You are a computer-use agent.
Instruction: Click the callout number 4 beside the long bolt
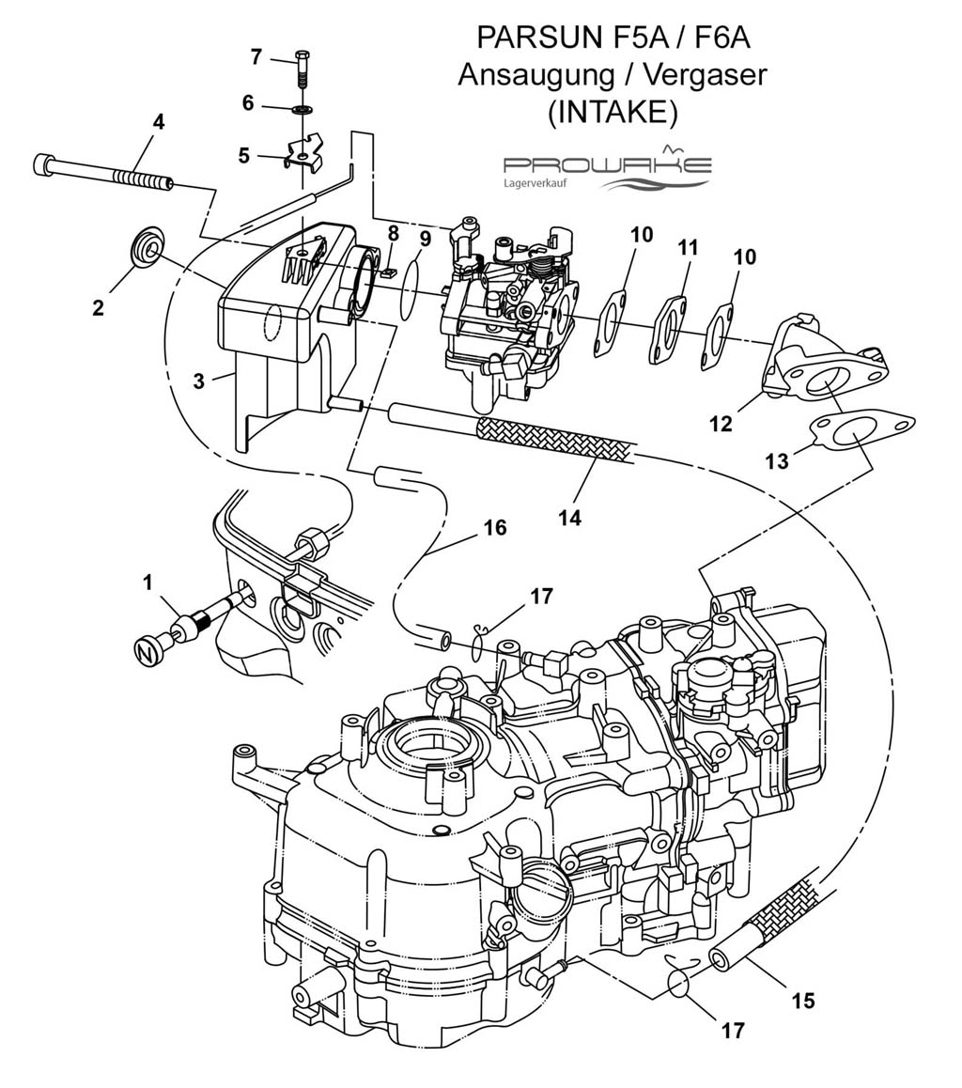pyautogui.click(x=159, y=123)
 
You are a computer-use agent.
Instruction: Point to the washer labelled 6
pyautogui.click(x=303, y=109)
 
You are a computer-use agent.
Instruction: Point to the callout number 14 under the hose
pyautogui.click(x=569, y=518)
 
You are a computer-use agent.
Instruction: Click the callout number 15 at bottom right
pyautogui.click(x=803, y=1000)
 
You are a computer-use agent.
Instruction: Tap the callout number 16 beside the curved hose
pyautogui.click(x=494, y=528)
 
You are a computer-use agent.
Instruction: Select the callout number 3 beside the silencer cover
pyautogui.click(x=199, y=381)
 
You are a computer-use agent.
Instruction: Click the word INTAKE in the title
pyautogui.click(x=612, y=113)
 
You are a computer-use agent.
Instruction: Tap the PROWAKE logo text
pyautogui.click(x=607, y=165)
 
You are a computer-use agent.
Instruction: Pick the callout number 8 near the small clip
pyautogui.click(x=394, y=234)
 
